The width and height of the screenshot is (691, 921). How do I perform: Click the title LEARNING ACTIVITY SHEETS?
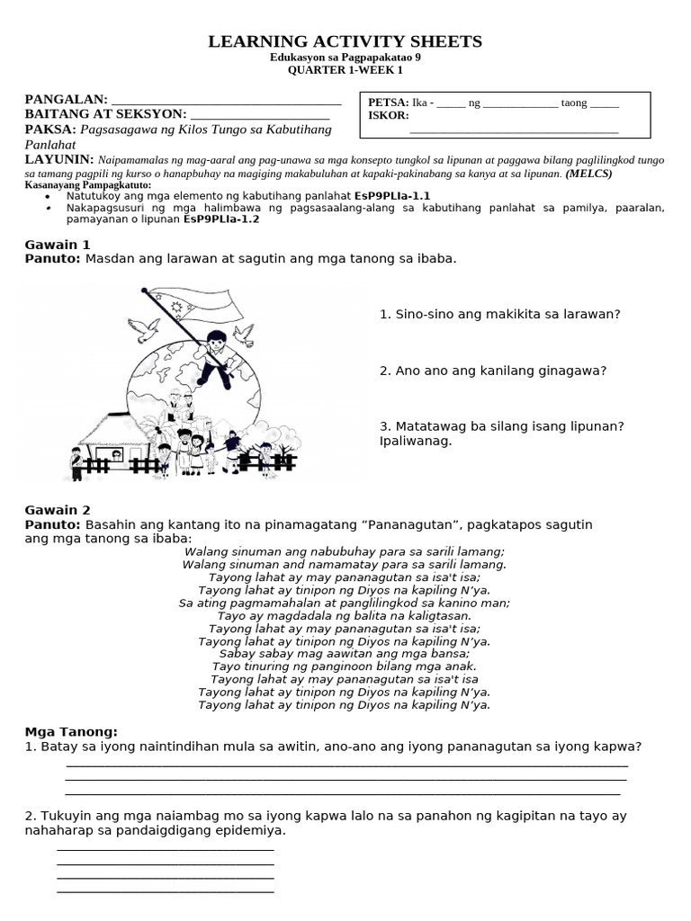pyautogui.click(x=345, y=41)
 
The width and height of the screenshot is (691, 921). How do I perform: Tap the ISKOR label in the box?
pyautogui.click(x=388, y=116)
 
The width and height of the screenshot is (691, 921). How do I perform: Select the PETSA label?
pyautogui.click(x=388, y=103)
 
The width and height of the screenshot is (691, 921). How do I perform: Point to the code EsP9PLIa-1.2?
pyautogui.click(x=220, y=219)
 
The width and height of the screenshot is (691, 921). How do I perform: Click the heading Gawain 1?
pyautogui.click(x=58, y=244)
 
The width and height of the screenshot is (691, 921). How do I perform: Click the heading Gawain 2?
pyautogui.click(x=58, y=510)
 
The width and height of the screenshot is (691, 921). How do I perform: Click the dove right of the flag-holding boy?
pyautogui.click(x=244, y=335)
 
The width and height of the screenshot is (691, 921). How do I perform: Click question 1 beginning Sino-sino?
pyautogui.click(x=499, y=314)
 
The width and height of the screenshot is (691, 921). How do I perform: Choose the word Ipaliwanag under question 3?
pyautogui.click(x=416, y=442)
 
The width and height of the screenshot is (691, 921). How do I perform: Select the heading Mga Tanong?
pyautogui.click(x=71, y=732)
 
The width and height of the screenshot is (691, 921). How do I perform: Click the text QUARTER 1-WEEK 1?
pyautogui.click(x=345, y=69)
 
